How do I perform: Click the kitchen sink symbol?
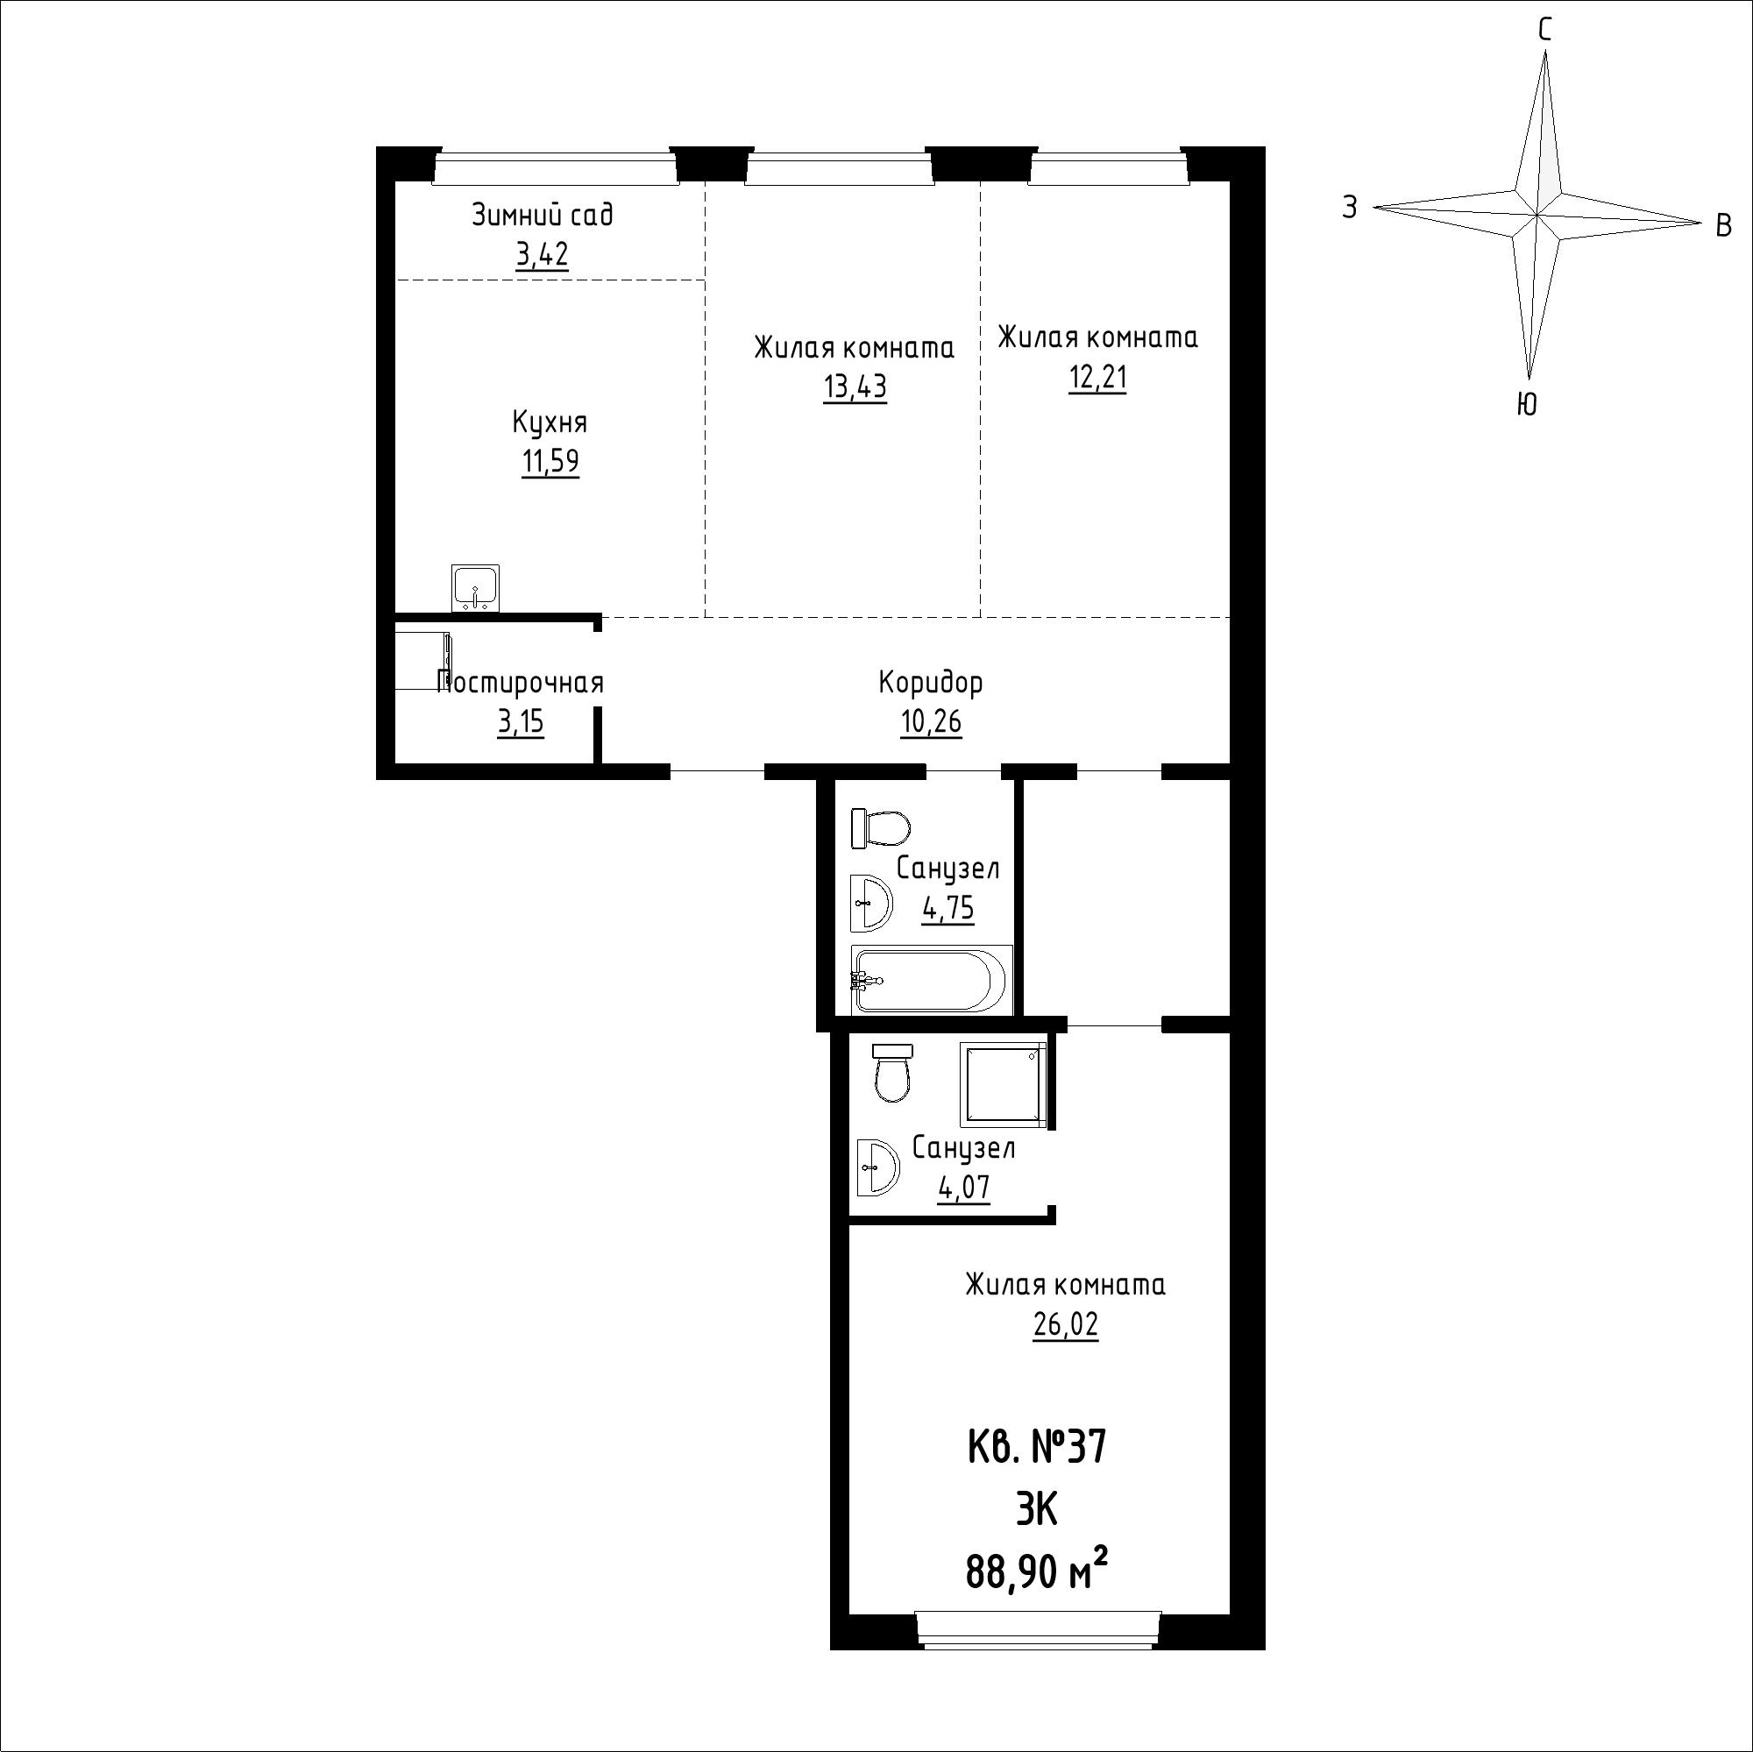click(475, 587)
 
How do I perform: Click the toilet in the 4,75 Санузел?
click(881, 827)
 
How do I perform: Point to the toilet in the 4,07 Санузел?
click(893, 1074)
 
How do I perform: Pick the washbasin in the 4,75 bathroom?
click(872, 903)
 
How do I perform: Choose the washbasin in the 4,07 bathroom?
click(877, 1166)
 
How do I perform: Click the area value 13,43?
click(855, 387)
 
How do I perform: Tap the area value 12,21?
click(1098, 377)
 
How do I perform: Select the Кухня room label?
click(550, 422)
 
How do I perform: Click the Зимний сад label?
click(543, 216)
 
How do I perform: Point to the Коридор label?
click(931, 682)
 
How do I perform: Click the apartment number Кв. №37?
click(1036, 1447)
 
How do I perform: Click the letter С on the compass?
click(1544, 31)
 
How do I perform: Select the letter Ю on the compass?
click(1527, 404)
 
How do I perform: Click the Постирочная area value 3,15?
click(521, 723)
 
